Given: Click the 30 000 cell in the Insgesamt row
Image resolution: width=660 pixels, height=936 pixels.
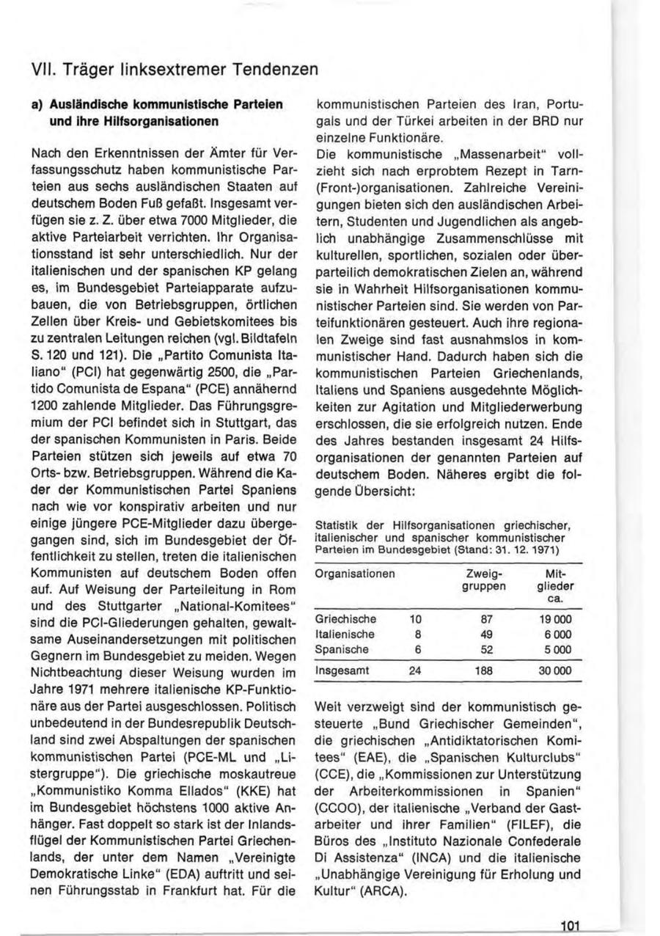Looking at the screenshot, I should (555, 670).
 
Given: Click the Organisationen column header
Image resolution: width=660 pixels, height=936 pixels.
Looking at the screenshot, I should (354, 572).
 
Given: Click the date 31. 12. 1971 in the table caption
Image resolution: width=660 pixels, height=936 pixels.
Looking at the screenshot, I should (521, 549).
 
